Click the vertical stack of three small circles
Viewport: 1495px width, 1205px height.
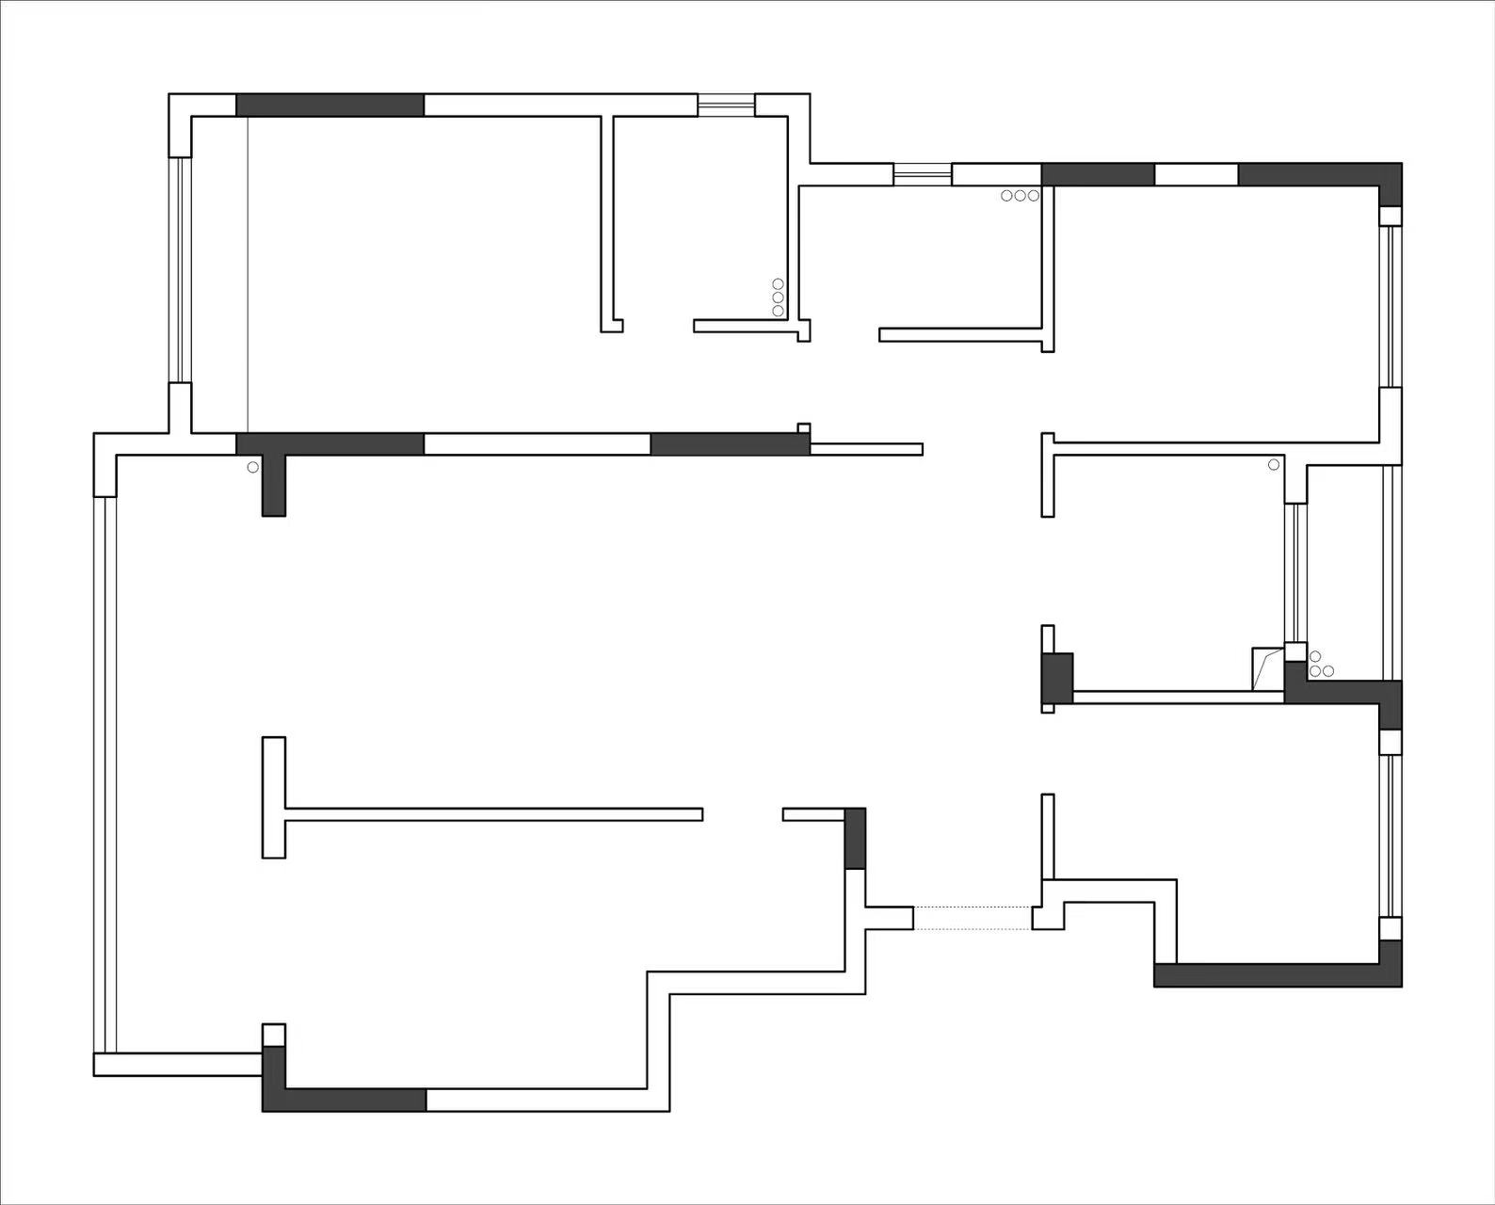pyautogui.click(x=778, y=297)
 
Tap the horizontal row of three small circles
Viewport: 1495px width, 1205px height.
pyautogui.click(x=1020, y=196)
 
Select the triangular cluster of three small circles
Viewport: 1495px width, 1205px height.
pyautogui.click(x=1321, y=666)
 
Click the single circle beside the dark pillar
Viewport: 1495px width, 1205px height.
pyautogui.click(x=252, y=467)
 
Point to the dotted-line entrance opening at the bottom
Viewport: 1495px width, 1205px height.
pyautogui.click(x=973, y=918)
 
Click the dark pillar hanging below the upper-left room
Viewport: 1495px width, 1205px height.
pyautogui.click(x=273, y=485)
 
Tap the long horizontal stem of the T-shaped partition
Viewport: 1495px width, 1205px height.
pyautogui.click(x=493, y=814)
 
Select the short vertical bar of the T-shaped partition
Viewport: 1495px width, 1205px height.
pyautogui.click(x=273, y=797)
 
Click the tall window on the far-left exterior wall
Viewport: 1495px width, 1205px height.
pyautogui.click(x=104, y=774)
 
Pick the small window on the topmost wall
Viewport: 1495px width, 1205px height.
pyautogui.click(x=726, y=104)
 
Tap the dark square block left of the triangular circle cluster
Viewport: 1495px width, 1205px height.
pyautogui.click(x=1058, y=678)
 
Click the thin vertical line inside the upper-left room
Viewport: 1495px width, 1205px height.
pyautogui.click(x=248, y=273)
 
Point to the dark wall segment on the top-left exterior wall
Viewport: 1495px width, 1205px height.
pyautogui.click(x=330, y=104)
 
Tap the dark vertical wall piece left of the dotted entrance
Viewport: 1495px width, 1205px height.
pyautogui.click(x=855, y=838)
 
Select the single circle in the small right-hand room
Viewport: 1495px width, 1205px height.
pyautogui.click(x=1274, y=464)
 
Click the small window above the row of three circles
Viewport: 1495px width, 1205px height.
pyautogui.click(x=923, y=174)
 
